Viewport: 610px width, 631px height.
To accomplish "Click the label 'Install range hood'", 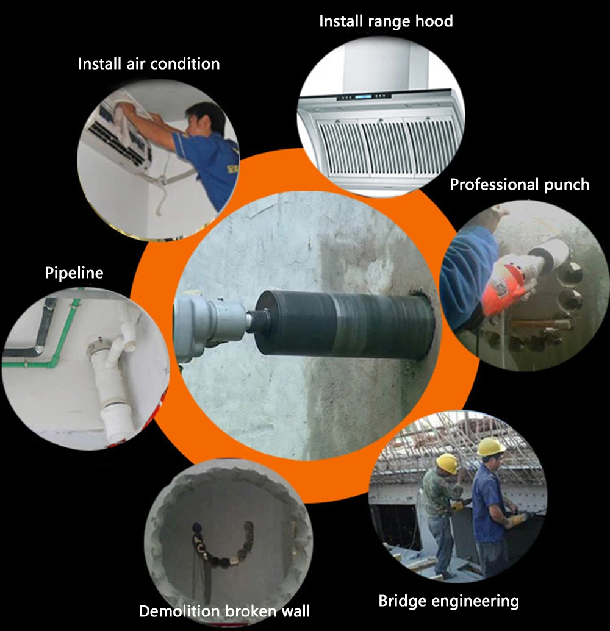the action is (386, 21).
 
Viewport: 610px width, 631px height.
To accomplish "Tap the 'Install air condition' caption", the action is (149, 63).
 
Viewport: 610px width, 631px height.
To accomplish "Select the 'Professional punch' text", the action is (519, 184).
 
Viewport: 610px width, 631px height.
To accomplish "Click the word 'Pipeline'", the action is (74, 273).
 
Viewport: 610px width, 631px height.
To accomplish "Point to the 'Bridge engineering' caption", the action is (448, 601).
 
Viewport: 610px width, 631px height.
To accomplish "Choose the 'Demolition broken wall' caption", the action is (224, 611).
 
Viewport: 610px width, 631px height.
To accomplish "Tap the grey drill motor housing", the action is (209, 326).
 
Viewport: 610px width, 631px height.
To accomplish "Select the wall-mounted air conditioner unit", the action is (119, 133).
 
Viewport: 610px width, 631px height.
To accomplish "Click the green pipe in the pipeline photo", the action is (45, 346).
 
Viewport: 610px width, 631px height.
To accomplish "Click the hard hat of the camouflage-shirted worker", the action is (448, 463).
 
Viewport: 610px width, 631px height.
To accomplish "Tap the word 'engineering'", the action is (476, 601).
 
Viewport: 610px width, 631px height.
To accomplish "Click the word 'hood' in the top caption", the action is (434, 21).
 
